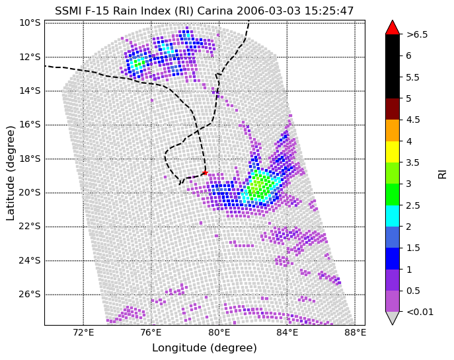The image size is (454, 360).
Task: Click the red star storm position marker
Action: pyautogui.click(x=205, y=173)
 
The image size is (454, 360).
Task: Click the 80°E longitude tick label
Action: pyautogui.click(x=219, y=333)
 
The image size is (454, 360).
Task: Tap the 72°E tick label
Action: pyautogui.click(x=83, y=333)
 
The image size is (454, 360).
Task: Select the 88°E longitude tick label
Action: pyautogui.click(x=355, y=333)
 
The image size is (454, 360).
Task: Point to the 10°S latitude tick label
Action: pyautogui.click(x=30, y=23)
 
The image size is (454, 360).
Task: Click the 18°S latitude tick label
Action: pyautogui.click(x=30, y=159)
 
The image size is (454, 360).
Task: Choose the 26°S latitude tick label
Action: pyautogui.click(x=30, y=295)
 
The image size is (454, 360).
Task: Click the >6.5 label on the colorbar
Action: pyautogui.click(x=417, y=35)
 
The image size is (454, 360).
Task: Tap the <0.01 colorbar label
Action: pyautogui.click(x=420, y=312)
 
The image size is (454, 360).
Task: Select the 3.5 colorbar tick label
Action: pyautogui.click(x=413, y=162)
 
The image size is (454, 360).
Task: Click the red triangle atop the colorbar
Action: pyautogui.click(x=393, y=28)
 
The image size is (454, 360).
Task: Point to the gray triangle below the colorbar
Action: pyautogui.click(x=393, y=318)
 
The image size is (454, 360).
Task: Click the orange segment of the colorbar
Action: pyautogui.click(x=393, y=131)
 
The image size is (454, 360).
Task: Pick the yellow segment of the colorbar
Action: pyautogui.click(x=393, y=152)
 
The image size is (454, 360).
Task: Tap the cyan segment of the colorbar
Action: pyautogui.click(x=393, y=216)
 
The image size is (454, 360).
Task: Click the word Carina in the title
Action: pyautogui.click(x=215, y=11)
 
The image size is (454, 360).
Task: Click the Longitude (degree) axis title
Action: pyautogui.click(x=204, y=348)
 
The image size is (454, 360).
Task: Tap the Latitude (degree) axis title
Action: pyautogui.click(x=11, y=173)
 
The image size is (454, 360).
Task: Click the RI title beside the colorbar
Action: pyautogui.click(x=442, y=174)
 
